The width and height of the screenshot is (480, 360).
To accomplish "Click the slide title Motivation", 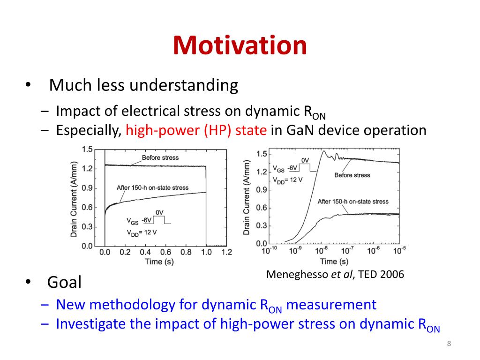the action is click(240, 45).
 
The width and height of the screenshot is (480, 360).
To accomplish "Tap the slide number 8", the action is click(449, 344).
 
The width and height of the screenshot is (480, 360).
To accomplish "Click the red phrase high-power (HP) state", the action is click(196, 130).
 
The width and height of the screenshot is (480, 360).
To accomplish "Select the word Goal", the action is click(64, 282).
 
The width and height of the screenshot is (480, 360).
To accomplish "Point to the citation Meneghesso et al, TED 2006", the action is click(335, 274).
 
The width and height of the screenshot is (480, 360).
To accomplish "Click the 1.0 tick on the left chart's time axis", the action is click(206, 252).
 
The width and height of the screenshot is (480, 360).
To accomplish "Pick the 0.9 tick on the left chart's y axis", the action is click(87, 188).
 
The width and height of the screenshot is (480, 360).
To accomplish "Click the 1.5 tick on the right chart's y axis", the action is click(262, 154).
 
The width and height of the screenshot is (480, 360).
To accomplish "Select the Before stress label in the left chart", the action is click(160, 157).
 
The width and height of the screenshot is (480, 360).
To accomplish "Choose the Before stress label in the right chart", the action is click(352, 175).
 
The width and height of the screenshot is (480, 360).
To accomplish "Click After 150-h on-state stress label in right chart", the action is click(353, 202).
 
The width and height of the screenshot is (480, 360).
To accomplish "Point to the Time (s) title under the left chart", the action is click(159, 262).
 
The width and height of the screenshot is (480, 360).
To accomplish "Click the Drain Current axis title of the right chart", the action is click(247, 198).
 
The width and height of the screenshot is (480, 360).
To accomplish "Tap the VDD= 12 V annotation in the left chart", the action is click(142, 233).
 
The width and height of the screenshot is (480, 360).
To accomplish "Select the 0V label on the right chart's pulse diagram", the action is click(305, 160).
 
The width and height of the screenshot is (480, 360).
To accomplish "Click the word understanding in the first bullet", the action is click(184, 85).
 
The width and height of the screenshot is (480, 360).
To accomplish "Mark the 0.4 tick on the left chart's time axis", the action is click(145, 252).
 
